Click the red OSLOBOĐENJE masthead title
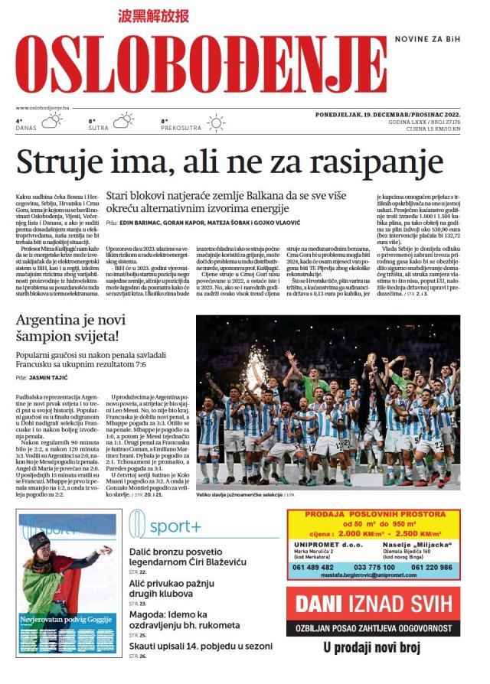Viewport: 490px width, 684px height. (x=201, y=66)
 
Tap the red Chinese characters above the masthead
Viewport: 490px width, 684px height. (x=153, y=16)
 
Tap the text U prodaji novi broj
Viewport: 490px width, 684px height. (x=372, y=649)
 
